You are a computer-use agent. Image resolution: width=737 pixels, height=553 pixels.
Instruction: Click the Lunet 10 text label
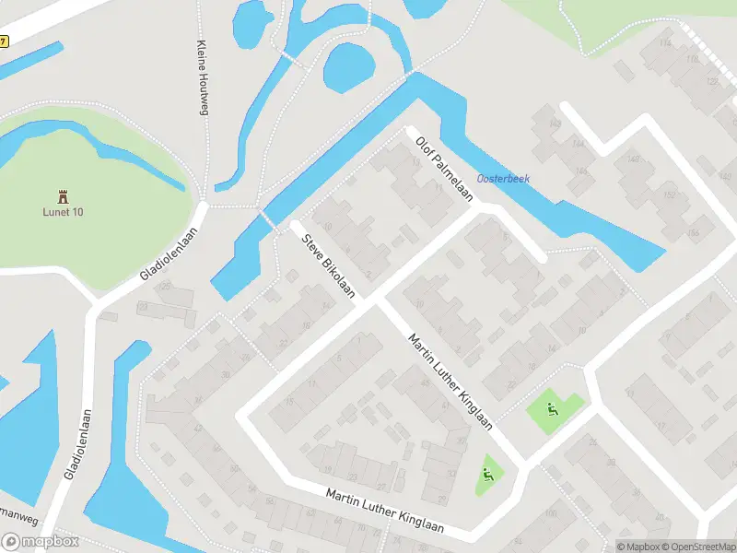coord(63,212)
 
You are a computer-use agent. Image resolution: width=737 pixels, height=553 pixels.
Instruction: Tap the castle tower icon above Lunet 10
coord(63,195)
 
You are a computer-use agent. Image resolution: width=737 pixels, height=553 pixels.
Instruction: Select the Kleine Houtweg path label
coord(201,78)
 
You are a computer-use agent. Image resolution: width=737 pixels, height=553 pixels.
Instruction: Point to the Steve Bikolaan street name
coord(329,265)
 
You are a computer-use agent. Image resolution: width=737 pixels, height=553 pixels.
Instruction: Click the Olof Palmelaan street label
coord(444,169)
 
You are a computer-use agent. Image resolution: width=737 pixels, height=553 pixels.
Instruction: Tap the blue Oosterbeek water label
coord(502,179)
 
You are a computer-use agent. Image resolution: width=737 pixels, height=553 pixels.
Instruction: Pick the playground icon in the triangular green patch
coord(487,475)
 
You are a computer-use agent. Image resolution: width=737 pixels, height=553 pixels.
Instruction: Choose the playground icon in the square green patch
coord(552,409)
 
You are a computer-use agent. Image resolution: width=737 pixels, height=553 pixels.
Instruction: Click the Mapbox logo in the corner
coord(41,543)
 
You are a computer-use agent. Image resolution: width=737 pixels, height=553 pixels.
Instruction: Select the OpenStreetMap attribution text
coord(696,547)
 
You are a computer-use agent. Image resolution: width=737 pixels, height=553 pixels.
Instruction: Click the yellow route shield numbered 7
coord(4,41)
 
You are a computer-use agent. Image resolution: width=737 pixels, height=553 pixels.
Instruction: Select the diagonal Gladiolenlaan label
coord(169,253)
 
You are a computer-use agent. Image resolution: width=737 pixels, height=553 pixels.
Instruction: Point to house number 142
coord(555,123)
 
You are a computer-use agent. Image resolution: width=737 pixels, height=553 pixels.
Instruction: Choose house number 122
coord(711,81)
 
